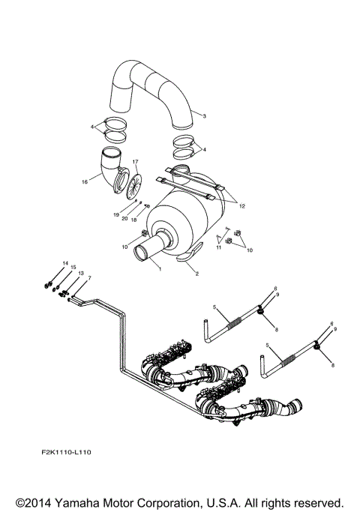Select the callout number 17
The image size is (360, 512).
pos(136,162)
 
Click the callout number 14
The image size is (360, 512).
pos(64,262)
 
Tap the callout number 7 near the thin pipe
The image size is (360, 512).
pos(89,278)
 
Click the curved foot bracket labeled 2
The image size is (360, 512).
pos(188,258)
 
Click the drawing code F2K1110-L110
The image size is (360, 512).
pos(72,453)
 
